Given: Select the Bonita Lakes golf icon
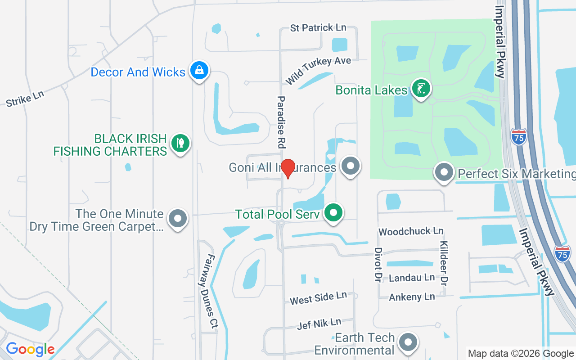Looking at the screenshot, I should click(421, 89).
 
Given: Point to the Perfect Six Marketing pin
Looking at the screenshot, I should click(445, 172).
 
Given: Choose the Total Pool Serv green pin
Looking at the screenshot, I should click(333, 212).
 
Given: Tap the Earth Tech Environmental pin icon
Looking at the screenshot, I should click(409, 342).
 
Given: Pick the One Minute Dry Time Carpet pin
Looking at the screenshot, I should click(178, 219).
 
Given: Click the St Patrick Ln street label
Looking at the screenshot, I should click(318, 28).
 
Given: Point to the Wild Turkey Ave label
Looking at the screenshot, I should click(318, 70).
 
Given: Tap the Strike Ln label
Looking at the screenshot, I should click(25, 99).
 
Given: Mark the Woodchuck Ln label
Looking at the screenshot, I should click(411, 232).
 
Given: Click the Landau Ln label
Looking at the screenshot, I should click(412, 278).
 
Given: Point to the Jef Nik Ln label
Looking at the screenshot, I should click(319, 324).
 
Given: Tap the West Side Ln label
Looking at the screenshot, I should click(318, 297).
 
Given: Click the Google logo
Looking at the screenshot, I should click(30, 349).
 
